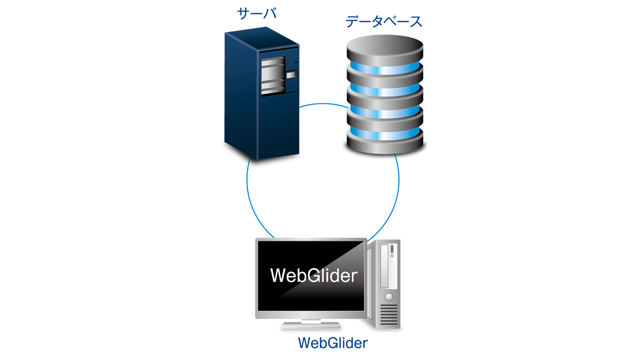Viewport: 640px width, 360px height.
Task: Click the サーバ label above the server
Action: pyautogui.click(x=257, y=13)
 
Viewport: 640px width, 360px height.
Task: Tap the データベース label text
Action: pyautogui.click(x=384, y=21)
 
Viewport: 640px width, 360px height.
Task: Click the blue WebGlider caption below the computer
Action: pyautogui.click(x=333, y=343)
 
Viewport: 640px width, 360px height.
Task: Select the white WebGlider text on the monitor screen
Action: pyautogui.click(x=313, y=275)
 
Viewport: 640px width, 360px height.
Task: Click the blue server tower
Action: pyautogui.click(x=261, y=93)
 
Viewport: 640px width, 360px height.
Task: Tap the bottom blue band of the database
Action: pyautogui.click(x=385, y=133)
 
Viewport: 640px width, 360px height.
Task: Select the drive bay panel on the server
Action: pyautogui.click(x=273, y=75)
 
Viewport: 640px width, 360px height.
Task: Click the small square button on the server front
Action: pyautogui.click(x=291, y=75)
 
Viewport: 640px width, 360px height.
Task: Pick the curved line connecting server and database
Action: pyautogui.click(x=323, y=104)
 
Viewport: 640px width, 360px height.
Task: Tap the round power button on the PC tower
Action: pyautogui.click(x=389, y=297)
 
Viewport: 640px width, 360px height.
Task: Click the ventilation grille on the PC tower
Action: pyautogui.click(x=389, y=314)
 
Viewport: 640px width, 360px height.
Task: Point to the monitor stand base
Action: pyautogui.click(x=311, y=325)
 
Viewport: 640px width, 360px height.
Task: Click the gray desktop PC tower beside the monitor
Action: pyautogui.click(x=383, y=284)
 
